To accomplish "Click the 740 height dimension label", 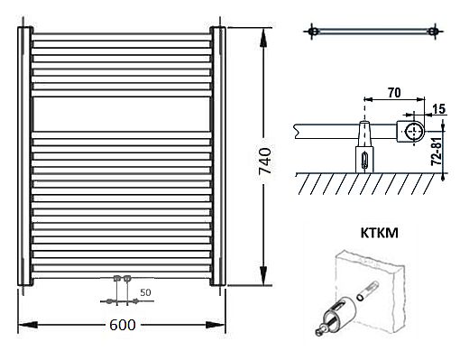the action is pos(265,161).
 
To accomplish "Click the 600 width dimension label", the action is pos(123,325).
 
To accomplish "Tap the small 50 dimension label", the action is pos(145,292).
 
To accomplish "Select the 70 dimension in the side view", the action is pos(394,93).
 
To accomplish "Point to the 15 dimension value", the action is pos(439,109).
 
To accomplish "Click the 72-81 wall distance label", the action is pos(437,152).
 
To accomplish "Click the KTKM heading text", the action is pos(380,233).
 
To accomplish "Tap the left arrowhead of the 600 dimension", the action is pos(28,325).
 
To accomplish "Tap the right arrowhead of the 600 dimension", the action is pos(216,325).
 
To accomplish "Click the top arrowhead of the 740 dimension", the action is pos(263,38).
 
